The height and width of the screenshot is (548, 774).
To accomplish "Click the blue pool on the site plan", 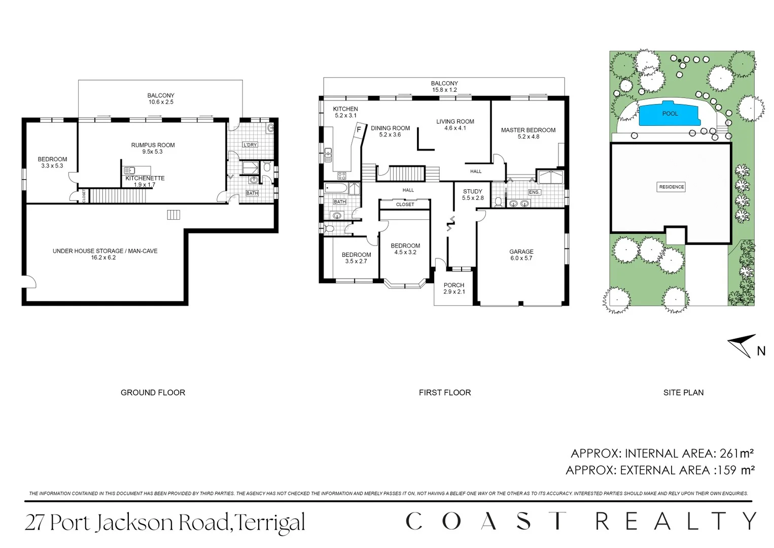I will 670,114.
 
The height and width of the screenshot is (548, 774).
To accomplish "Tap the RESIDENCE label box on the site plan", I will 671,187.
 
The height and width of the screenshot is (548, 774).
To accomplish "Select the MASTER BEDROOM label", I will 528,130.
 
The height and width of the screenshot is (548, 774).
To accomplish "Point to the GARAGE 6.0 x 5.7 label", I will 521,255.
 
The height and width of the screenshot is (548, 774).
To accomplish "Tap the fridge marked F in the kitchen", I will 359,130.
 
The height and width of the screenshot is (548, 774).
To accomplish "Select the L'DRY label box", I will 250,145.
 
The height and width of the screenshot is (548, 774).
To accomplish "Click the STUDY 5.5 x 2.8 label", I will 473,195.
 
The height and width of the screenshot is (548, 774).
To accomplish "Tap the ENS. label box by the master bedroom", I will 534,192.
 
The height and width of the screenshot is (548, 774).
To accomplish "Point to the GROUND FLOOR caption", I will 153,393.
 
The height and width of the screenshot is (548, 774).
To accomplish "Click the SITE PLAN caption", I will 683,393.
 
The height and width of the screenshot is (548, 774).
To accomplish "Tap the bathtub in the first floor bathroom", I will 336,189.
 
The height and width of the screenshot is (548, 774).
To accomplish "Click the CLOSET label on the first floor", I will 405,204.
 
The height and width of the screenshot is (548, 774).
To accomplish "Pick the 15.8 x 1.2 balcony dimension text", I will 444,90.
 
